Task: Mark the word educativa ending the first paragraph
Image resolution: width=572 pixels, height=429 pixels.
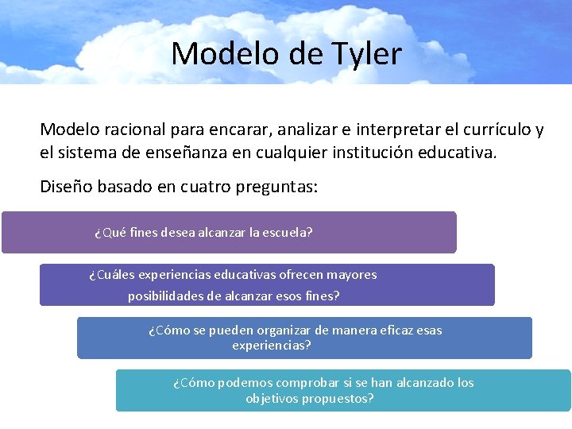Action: [x=456, y=151]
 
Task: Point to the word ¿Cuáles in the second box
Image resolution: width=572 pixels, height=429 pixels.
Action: [x=112, y=275]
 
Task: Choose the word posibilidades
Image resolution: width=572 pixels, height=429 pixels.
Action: [x=167, y=296]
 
